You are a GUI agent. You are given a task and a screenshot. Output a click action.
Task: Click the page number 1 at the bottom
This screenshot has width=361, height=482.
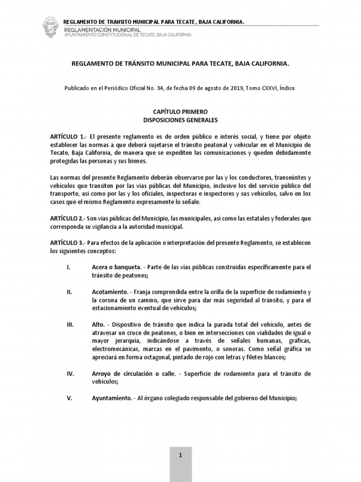(x=180, y=455)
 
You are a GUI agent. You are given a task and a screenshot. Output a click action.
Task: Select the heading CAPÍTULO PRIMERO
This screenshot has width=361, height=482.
(x=180, y=112)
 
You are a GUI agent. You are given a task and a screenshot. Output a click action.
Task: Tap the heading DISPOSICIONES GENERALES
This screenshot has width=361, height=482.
(x=180, y=120)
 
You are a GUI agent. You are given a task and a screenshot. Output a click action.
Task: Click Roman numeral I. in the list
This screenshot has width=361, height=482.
(x=69, y=267)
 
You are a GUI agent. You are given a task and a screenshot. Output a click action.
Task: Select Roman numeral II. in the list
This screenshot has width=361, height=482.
(x=70, y=292)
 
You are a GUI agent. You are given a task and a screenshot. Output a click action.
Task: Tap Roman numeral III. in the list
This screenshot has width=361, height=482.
(x=70, y=325)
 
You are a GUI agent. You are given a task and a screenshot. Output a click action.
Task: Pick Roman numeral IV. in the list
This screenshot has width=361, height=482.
(x=70, y=374)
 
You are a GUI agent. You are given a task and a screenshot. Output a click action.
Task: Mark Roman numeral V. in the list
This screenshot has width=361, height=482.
(x=70, y=398)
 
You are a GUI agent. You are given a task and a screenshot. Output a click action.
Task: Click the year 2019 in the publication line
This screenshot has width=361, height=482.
(x=234, y=88)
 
